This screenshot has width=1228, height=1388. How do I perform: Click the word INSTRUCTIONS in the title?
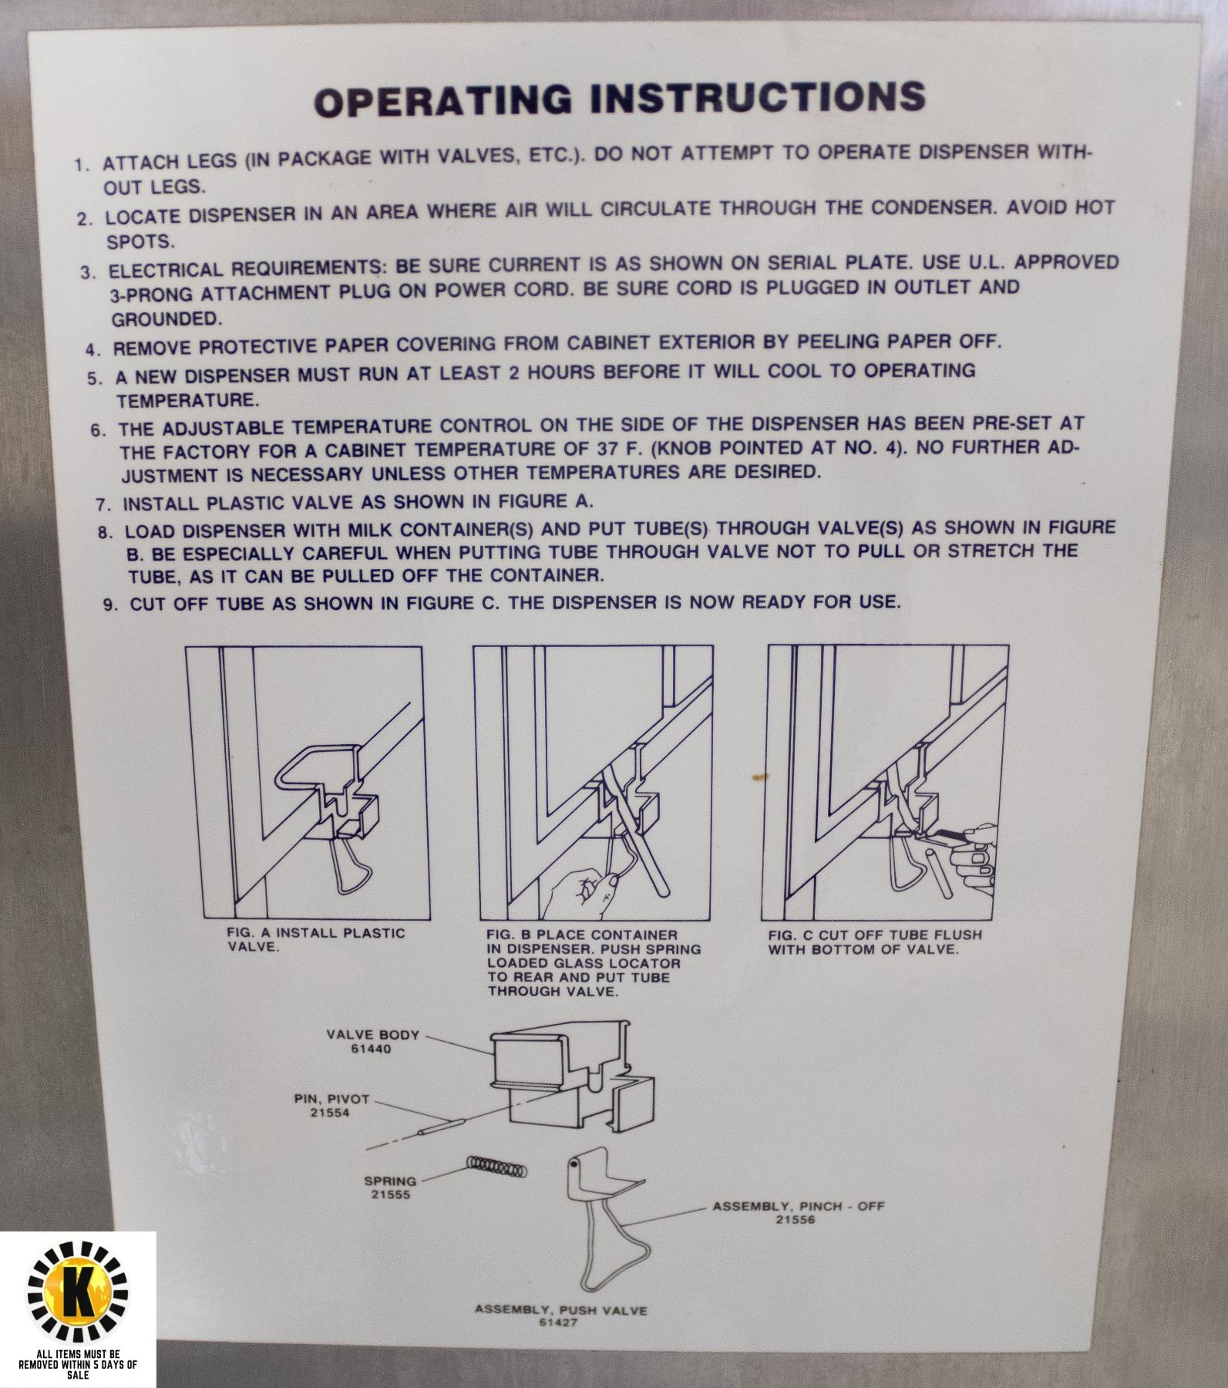click(x=755, y=96)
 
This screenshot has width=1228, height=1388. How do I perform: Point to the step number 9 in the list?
click(x=109, y=605)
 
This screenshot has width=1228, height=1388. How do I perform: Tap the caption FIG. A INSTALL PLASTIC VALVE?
click(x=315, y=939)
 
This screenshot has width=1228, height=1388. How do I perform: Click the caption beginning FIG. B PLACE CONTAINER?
click(x=593, y=963)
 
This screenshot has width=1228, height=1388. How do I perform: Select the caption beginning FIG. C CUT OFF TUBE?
click(x=874, y=942)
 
